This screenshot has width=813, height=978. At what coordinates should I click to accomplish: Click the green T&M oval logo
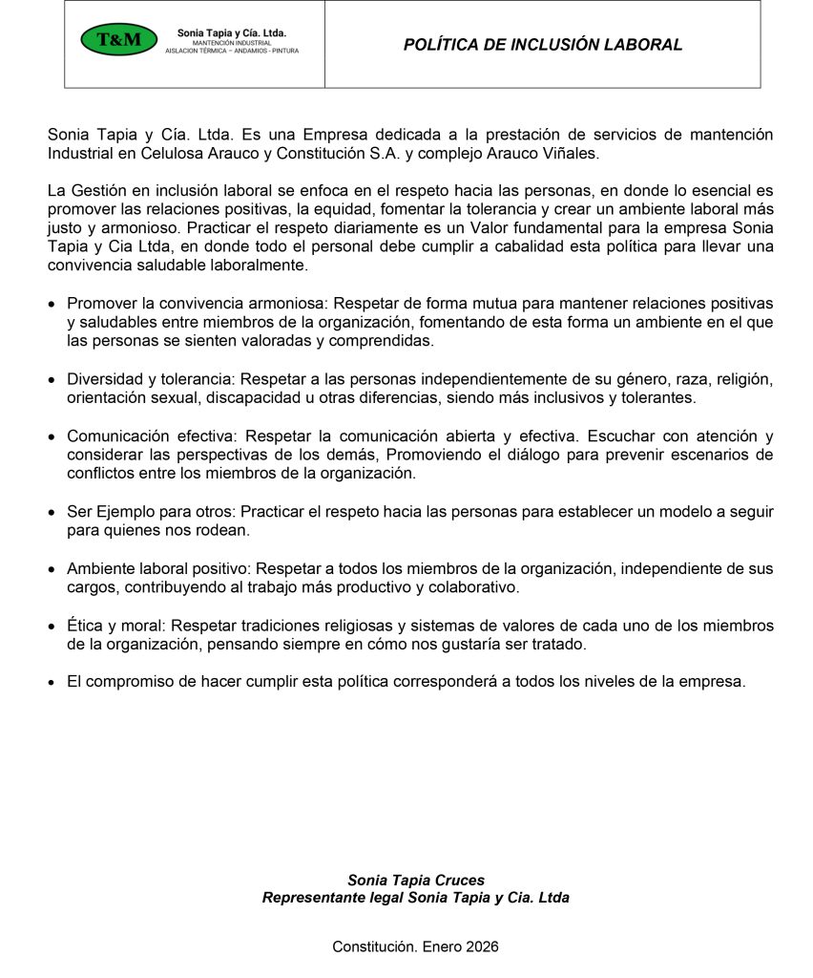click(118, 39)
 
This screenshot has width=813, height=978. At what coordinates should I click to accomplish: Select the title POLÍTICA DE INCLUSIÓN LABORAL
click(542, 44)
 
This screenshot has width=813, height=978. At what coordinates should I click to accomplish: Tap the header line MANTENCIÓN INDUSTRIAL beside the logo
click(232, 43)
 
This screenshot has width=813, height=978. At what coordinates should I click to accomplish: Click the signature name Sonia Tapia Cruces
click(415, 880)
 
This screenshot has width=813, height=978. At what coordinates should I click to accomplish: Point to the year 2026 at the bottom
click(482, 946)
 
